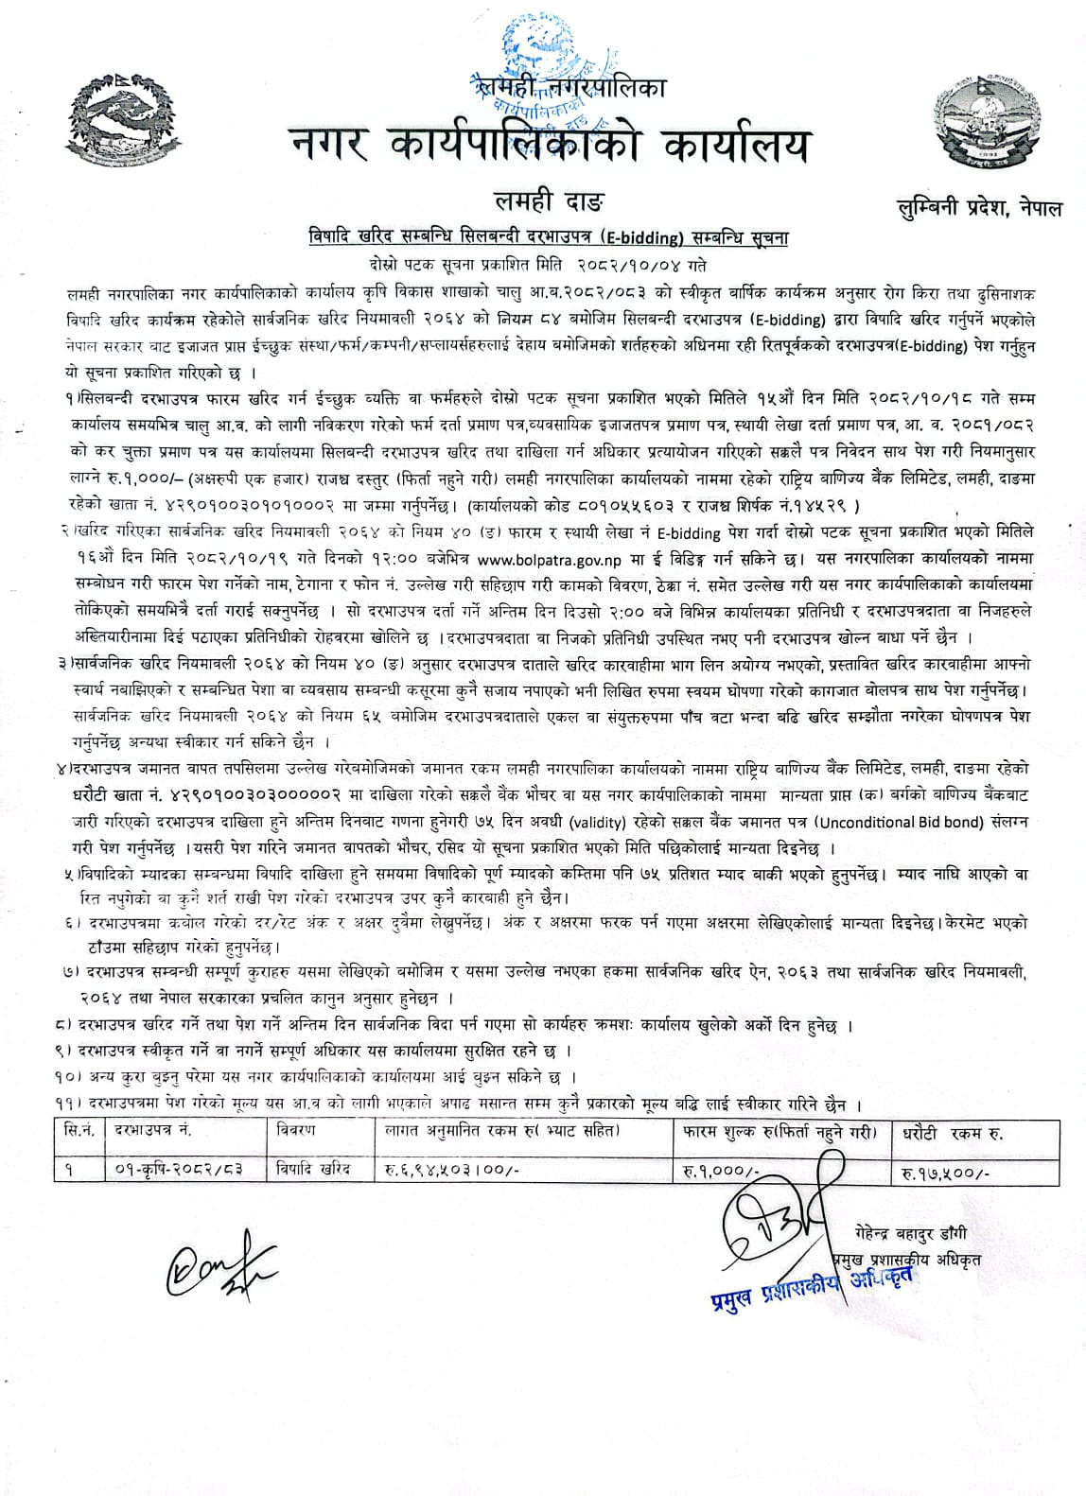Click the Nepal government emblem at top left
108,113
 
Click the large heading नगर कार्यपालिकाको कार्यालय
552,148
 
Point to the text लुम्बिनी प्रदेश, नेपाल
980,208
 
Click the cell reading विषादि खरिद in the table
313,1170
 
